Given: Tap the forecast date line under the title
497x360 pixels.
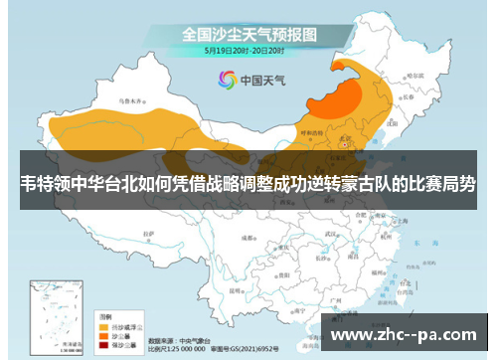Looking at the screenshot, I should click(246, 49).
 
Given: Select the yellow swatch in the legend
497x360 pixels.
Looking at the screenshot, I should click(103, 325).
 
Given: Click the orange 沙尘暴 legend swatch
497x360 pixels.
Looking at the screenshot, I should click(103, 336).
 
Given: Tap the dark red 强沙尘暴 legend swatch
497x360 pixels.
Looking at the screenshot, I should click(103, 346).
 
